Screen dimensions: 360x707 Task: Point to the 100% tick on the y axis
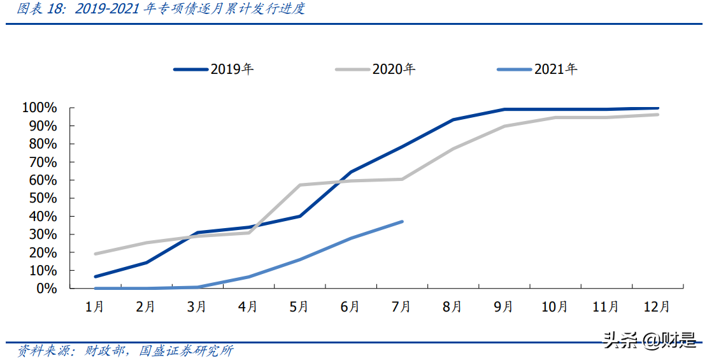click(40, 108)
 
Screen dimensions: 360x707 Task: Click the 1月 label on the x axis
click(95, 307)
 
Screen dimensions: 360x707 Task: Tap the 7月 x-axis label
click(402, 307)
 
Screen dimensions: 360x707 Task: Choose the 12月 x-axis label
click(657, 307)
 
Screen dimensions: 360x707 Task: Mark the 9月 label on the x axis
click(504, 307)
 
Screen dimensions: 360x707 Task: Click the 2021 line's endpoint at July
click(402, 222)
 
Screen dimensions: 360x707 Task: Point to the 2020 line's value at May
click(299, 185)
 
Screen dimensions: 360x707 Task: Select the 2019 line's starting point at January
click(96, 277)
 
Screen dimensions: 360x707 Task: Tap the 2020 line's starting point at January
click(96, 254)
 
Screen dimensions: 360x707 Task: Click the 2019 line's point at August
click(453, 120)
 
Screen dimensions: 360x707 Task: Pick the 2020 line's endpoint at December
click(657, 115)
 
